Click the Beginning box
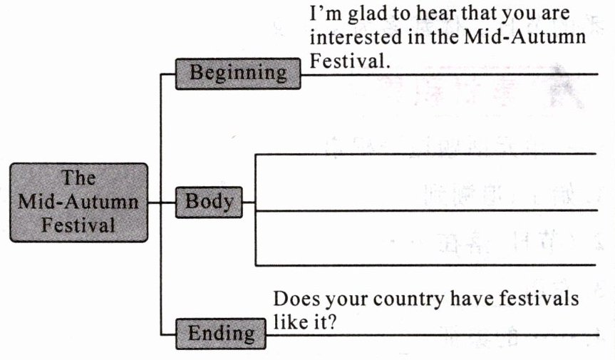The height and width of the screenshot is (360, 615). [238, 73]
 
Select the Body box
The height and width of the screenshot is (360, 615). [209, 202]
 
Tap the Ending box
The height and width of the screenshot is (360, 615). [221, 333]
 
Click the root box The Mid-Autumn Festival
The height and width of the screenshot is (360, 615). [78, 201]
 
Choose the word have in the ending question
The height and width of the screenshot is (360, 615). [470, 299]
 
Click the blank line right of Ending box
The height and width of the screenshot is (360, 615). [470, 334]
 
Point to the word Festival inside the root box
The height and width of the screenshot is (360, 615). [78, 225]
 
